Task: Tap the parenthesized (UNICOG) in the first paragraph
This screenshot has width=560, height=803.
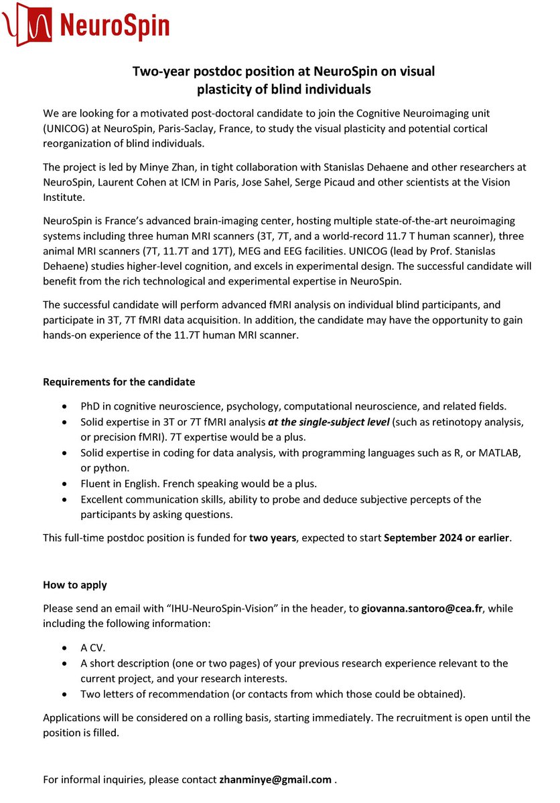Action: point(69,127)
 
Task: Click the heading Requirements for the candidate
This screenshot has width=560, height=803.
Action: point(119,382)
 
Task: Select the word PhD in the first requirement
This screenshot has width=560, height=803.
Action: point(90,406)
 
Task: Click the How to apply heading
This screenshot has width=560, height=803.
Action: point(75,585)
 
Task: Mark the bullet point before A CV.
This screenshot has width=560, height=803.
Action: point(64,648)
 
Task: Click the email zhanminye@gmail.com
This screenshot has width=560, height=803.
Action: point(275,780)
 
